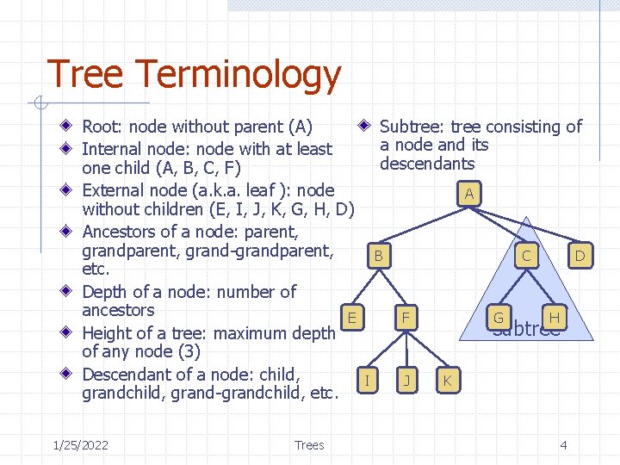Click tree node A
click(468, 194)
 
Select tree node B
click(377, 256)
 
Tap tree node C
click(525, 255)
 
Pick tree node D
click(580, 255)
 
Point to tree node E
click(352, 317)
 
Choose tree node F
click(404, 318)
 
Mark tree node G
click(498, 318)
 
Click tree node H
click(555, 317)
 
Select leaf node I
click(367, 379)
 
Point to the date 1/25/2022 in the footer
click(80, 444)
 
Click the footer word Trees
click(309, 444)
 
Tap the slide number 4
click(563, 444)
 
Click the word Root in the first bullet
click(101, 127)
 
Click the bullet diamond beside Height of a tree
click(69, 332)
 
